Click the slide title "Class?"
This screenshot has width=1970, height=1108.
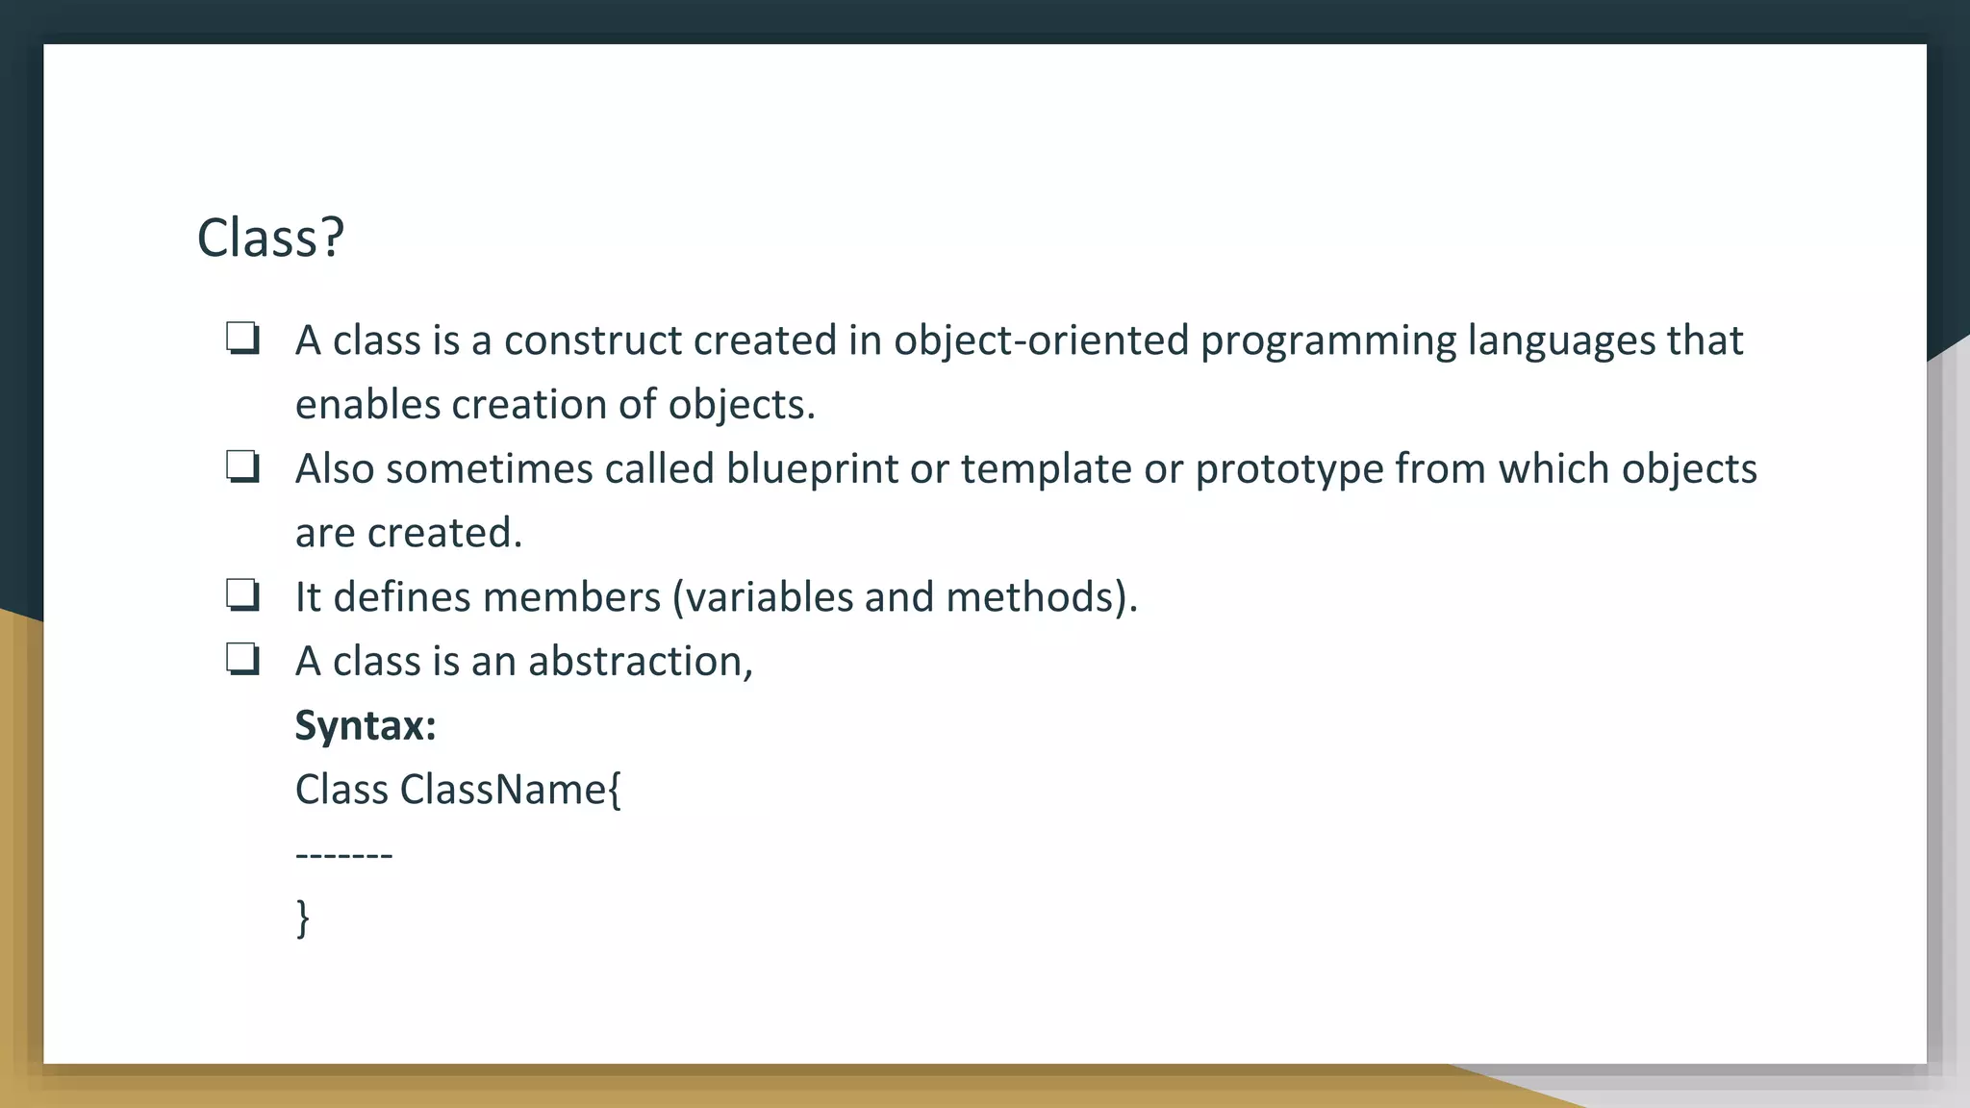click(270, 238)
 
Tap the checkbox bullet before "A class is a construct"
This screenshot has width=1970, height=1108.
click(242, 340)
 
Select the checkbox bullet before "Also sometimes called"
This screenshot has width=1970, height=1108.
click(242, 468)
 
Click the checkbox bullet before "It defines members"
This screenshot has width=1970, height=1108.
click(242, 596)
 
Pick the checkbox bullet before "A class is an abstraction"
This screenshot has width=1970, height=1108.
click(242, 661)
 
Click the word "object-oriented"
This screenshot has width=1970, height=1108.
click(1041, 340)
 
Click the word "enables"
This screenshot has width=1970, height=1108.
click(367, 405)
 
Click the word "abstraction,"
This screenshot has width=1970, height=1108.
click(640, 662)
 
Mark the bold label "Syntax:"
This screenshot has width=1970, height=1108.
click(366, 726)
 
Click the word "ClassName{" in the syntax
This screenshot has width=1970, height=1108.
click(511, 790)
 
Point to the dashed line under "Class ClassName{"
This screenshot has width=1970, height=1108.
click(343, 854)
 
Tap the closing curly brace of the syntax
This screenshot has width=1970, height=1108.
click(303, 919)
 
